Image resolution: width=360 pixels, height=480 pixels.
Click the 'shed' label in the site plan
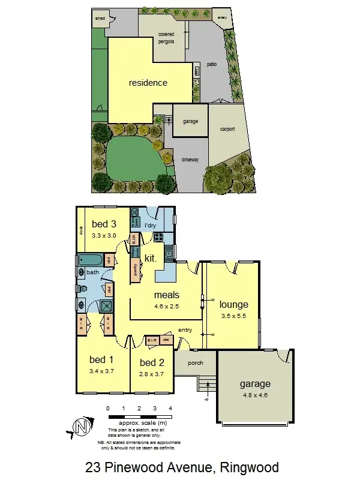coord(100,19)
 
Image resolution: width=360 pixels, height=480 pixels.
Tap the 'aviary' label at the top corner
coord(221,17)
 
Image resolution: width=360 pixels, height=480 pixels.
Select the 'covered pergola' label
coord(166,38)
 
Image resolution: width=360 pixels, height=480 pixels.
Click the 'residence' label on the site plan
coord(148,83)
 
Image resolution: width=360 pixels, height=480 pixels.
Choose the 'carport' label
coord(227,129)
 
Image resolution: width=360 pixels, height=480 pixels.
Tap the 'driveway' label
coord(190,159)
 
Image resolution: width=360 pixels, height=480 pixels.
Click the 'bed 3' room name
coord(103,224)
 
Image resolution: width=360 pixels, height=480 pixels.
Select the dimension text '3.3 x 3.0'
coord(103,235)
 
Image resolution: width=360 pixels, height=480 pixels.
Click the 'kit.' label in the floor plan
coord(151,258)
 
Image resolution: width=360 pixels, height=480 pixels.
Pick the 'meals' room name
coord(167,295)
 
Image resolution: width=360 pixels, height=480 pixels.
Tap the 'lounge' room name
coord(233,304)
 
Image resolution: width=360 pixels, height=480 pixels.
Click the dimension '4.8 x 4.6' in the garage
coord(256,395)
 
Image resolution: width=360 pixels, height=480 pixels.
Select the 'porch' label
coord(195,363)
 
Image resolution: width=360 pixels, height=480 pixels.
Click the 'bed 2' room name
coord(152,362)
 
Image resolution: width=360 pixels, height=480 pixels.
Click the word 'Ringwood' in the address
coord(250,467)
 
